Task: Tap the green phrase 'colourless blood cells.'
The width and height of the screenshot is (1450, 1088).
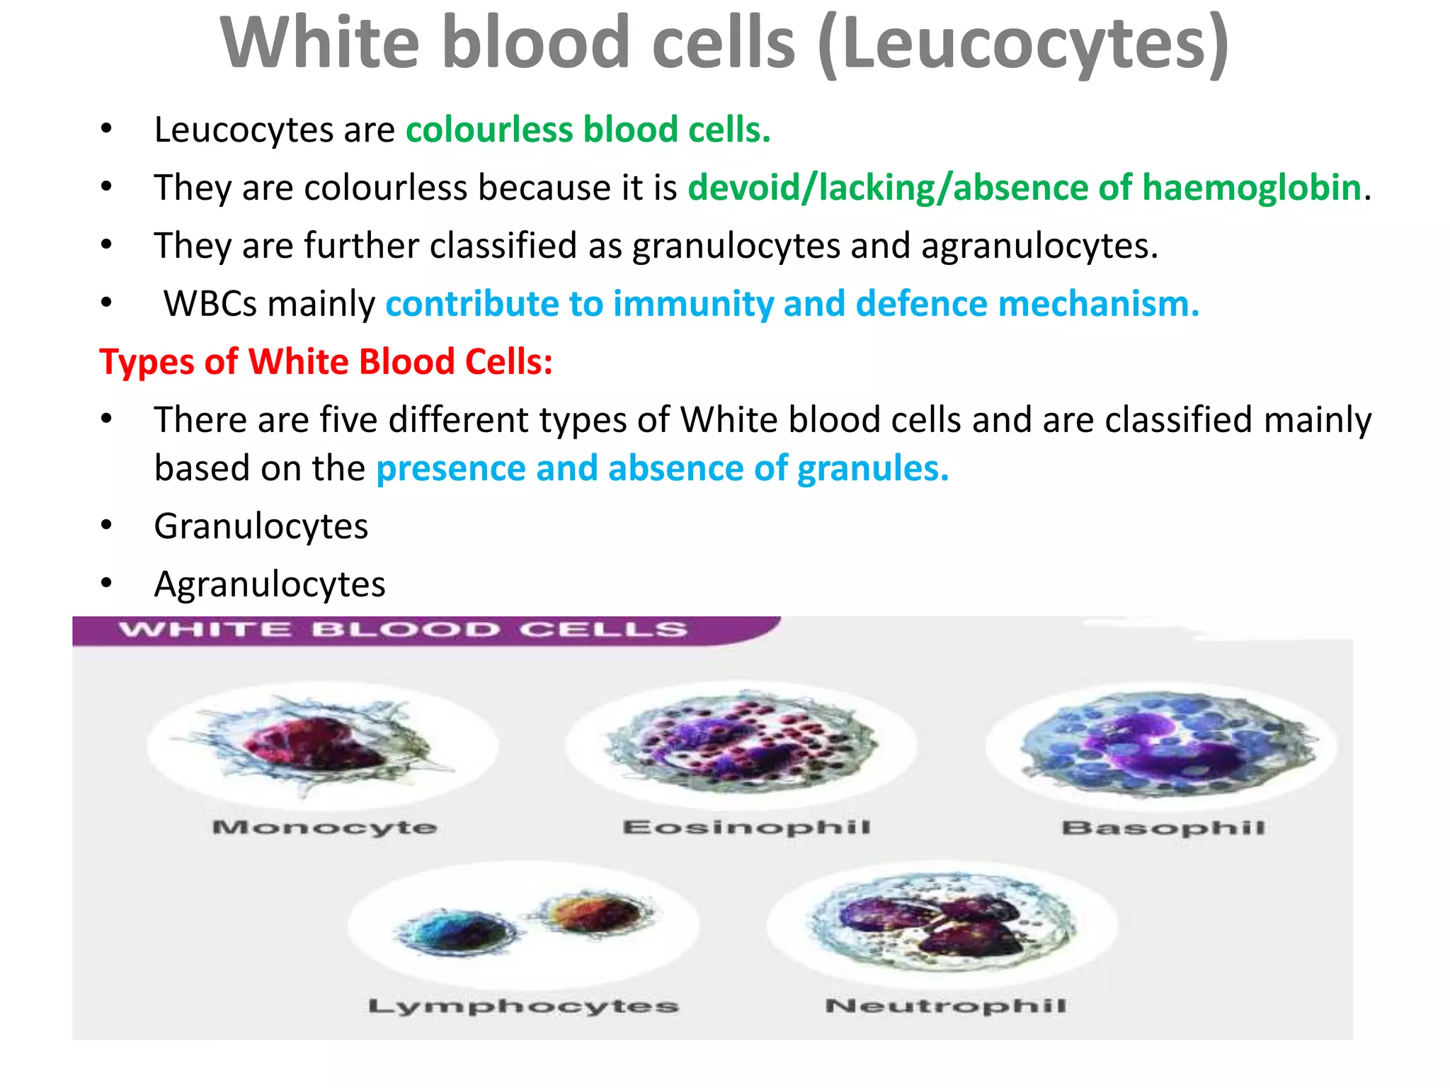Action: pos(588,130)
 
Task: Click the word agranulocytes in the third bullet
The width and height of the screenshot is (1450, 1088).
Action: pos(1039,246)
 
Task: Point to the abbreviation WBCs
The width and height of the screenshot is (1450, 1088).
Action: pos(210,305)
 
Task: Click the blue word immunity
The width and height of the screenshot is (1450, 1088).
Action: pos(693,305)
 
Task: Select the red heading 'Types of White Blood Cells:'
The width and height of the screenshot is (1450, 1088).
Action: pos(326,362)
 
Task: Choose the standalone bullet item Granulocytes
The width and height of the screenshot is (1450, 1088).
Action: pos(261,527)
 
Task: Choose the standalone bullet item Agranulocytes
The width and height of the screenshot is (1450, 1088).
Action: pos(270,585)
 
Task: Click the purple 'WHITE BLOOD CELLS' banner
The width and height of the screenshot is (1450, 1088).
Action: pos(404,630)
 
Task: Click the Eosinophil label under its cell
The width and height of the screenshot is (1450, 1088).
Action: pos(746,827)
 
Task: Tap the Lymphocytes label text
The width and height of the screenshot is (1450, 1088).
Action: pos(523,1007)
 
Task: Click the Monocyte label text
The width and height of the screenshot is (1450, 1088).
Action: pos(324,827)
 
